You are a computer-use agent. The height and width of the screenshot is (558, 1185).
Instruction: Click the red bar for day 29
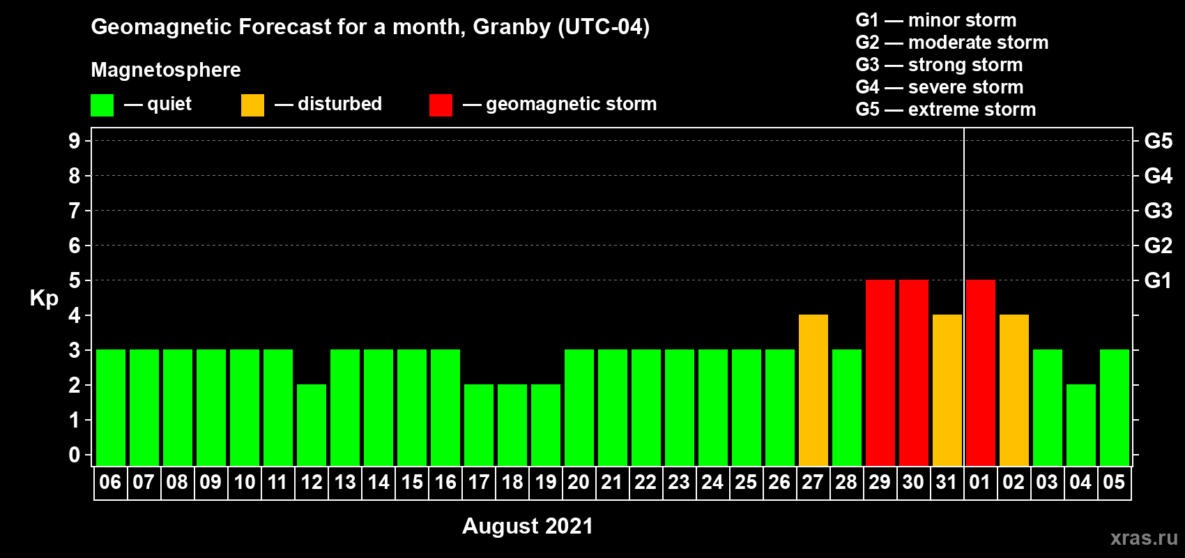(x=880, y=372)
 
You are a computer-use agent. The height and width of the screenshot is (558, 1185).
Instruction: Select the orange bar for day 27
(x=813, y=390)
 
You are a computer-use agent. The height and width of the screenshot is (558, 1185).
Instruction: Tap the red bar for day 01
(x=981, y=372)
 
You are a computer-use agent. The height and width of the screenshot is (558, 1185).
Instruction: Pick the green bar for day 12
(x=312, y=425)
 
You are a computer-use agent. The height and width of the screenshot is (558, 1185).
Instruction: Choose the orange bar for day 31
(x=947, y=390)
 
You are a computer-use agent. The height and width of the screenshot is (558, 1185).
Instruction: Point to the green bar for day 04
(x=1080, y=425)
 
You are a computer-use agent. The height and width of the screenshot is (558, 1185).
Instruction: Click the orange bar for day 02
(x=1014, y=390)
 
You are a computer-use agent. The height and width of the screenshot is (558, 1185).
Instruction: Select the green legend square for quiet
(x=102, y=105)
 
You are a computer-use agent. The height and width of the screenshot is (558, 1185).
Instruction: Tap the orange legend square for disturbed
(x=252, y=105)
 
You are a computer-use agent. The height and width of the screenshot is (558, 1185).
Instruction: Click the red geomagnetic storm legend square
(x=441, y=105)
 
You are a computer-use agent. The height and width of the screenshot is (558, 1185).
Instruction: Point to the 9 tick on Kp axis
(x=74, y=141)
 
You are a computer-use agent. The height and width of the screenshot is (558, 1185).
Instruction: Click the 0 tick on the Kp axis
(x=74, y=455)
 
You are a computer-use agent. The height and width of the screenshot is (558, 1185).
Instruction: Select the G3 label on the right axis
(x=1158, y=211)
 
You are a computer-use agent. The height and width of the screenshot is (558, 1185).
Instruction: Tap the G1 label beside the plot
(x=1158, y=280)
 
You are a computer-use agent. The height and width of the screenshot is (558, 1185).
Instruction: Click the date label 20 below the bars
(x=579, y=482)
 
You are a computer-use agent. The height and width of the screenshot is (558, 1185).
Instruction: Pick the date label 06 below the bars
(x=110, y=482)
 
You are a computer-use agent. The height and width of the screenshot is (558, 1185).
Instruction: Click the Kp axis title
(x=44, y=299)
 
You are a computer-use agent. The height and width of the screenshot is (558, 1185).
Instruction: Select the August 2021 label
(x=528, y=526)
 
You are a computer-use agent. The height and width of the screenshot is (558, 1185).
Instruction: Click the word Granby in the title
(x=512, y=27)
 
